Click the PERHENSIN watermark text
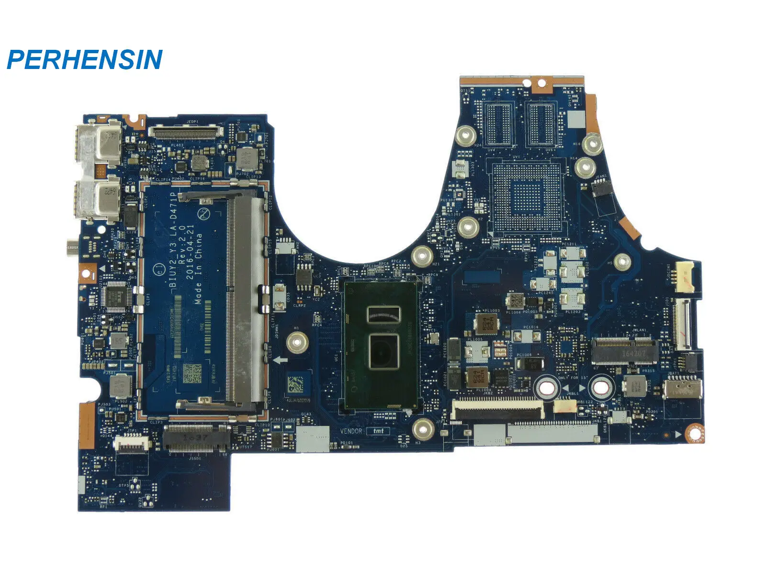click(x=85, y=60)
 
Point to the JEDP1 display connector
click(x=186, y=130)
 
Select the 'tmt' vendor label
click(x=378, y=431)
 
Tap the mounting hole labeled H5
click(x=622, y=262)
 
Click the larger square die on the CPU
click(x=383, y=351)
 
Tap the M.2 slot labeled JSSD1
click(x=196, y=438)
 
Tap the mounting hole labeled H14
click(x=584, y=166)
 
